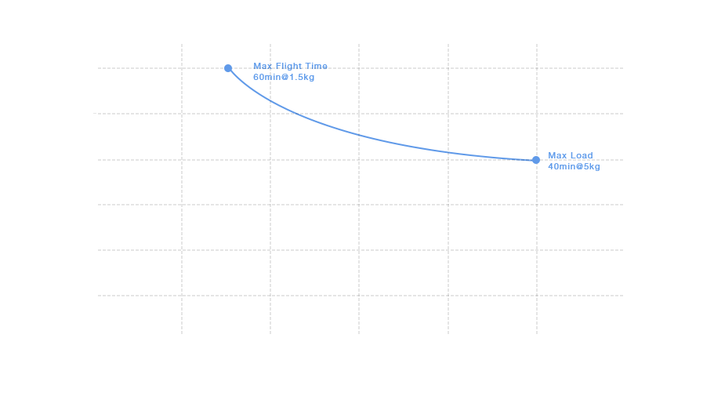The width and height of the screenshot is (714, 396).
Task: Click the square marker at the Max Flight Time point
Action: tap(227, 67)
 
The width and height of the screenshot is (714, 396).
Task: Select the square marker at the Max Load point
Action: tap(535, 159)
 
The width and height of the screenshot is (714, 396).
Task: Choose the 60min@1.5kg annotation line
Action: tap(284, 78)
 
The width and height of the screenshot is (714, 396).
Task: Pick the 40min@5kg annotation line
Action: tap(574, 167)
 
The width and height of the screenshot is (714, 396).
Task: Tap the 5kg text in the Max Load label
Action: tap(592, 167)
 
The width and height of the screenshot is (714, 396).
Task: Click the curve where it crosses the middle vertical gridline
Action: tap(359, 134)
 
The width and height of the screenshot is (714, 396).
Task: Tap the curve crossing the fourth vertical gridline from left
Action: tap(448, 151)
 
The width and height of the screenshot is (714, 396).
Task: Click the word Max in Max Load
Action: tap(558, 156)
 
